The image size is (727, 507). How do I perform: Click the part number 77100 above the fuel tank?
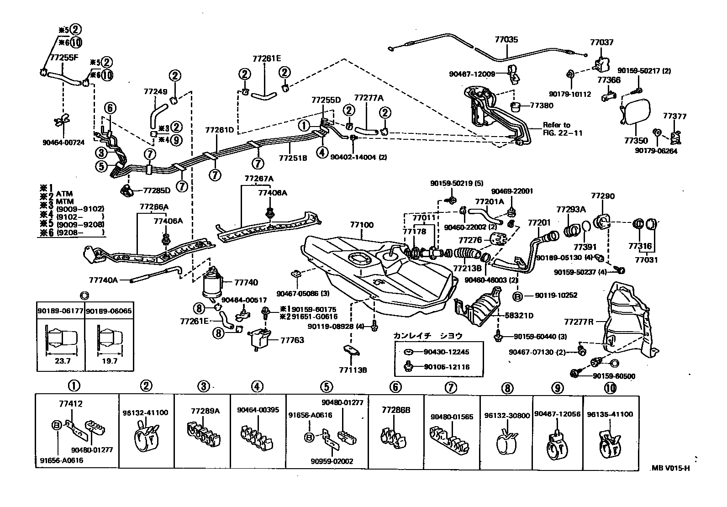[362, 225]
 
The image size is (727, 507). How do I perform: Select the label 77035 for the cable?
[506, 40]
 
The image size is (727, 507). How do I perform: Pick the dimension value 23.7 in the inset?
[62, 360]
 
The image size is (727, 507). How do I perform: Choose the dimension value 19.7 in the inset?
[109, 360]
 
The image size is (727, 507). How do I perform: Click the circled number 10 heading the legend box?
[610, 388]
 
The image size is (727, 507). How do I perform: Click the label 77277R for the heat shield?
[579, 322]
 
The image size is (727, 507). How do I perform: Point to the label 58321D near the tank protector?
[519, 315]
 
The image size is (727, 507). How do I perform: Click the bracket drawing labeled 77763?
[259, 339]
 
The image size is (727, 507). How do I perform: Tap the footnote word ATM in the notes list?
[64, 194]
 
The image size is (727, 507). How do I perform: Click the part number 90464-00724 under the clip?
[63, 143]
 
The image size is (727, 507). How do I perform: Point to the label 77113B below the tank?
[353, 370]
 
